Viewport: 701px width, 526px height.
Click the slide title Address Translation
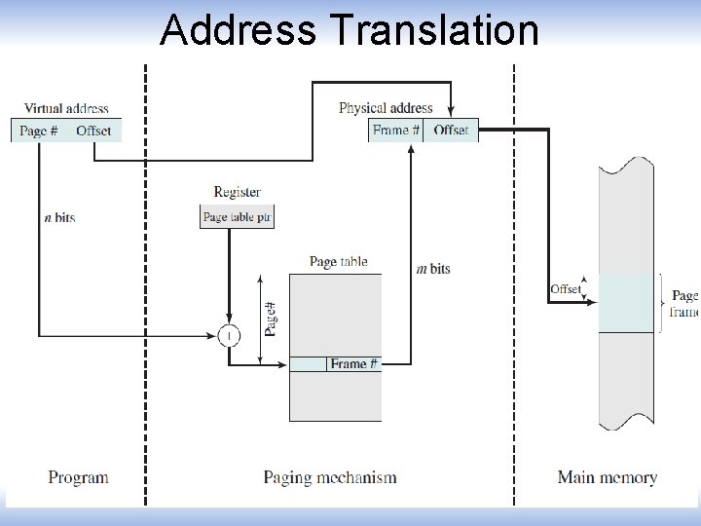click(349, 29)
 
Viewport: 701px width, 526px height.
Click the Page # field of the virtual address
click(39, 131)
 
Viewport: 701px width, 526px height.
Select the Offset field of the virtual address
click(93, 131)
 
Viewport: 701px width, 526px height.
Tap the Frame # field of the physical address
click(395, 131)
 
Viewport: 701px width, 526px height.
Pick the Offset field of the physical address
click(451, 131)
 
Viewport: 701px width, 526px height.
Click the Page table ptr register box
click(238, 217)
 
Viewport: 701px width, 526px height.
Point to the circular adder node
click(229, 336)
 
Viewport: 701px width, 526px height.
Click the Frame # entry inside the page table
click(353, 364)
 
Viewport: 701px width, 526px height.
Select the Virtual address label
click(66, 108)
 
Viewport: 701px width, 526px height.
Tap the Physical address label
click(386, 108)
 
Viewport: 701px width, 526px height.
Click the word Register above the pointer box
click(237, 192)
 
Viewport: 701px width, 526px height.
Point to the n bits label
click(59, 217)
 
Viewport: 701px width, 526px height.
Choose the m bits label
click(433, 269)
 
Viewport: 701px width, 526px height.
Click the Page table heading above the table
click(338, 261)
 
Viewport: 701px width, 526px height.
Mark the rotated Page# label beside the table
click(271, 319)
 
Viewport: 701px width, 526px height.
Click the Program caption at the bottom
click(78, 477)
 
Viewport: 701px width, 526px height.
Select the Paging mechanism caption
click(330, 477)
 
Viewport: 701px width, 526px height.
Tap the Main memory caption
click(607, 477)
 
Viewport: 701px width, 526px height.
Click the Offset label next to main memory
click(565, 289)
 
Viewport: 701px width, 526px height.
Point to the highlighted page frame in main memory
click(625, 303)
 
